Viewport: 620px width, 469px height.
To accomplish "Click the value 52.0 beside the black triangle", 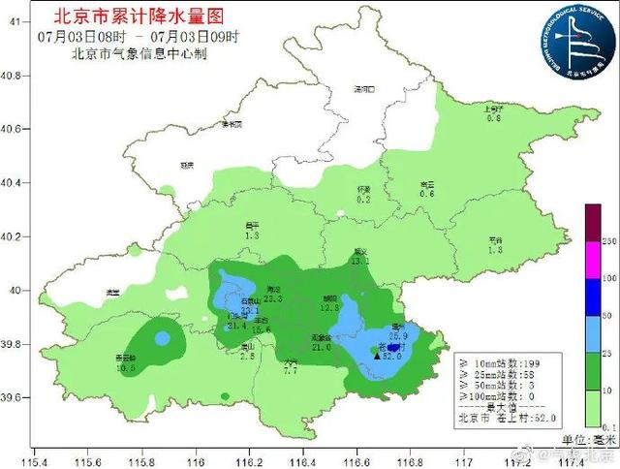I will [x=392, y=357].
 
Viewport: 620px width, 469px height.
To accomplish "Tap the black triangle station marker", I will [x=377, y=357].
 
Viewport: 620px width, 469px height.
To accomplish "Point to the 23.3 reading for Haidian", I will [x=272, y=299].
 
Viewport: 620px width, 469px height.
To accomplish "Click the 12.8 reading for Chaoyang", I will [x=328, y=308].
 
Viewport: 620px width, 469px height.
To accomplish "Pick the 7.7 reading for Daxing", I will [x=291, y=371].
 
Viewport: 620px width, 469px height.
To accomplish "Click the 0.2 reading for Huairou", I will [x=364, y=200].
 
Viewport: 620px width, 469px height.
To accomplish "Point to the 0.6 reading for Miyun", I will [x=427, y=194].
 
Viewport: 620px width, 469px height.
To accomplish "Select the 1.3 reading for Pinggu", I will [x=495, y=250].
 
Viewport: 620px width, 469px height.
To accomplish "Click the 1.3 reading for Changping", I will [x=253, y=235].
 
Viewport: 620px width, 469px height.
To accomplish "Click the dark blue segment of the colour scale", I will [x=590, y=302].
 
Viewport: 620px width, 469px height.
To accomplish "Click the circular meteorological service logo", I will [x=571, y=38].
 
